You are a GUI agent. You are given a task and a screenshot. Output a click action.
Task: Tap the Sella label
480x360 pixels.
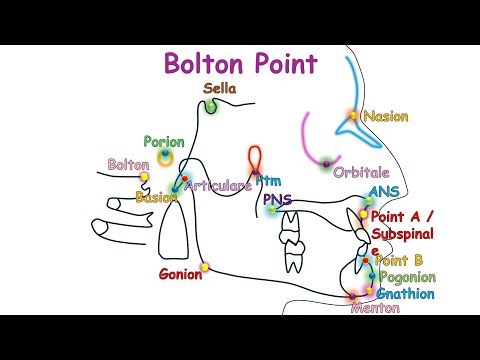219,88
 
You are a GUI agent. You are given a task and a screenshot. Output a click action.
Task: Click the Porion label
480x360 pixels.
163,142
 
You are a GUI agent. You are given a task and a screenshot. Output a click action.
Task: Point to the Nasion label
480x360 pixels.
385,116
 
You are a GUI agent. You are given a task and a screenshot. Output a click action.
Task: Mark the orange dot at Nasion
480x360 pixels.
353,116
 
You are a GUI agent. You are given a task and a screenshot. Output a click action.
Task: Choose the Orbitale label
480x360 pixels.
361,173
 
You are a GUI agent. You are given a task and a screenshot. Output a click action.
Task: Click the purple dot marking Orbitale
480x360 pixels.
326,163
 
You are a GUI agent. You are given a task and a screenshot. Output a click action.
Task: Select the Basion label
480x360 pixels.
156,197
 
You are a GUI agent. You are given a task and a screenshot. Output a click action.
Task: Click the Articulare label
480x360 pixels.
218,186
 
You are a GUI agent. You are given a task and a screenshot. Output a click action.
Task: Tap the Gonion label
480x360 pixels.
180,274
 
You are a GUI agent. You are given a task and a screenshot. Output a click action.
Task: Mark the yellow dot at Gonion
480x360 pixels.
204,267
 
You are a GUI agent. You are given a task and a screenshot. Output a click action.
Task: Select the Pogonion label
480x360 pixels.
407,277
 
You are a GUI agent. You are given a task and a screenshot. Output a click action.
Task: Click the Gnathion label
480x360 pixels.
405,294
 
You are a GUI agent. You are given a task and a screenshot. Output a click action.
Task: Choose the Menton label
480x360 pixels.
376,308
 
